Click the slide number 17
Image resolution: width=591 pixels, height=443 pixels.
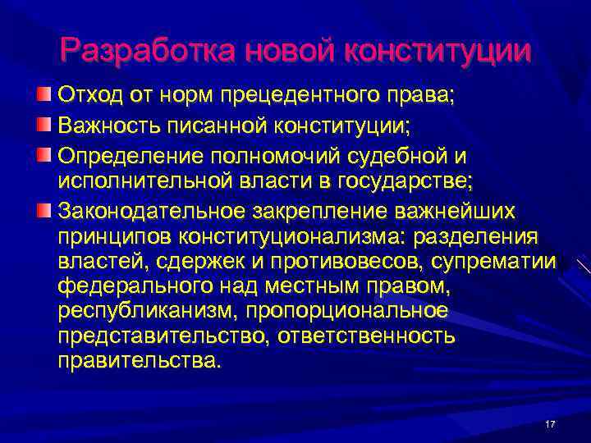click(x=550, y=423)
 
